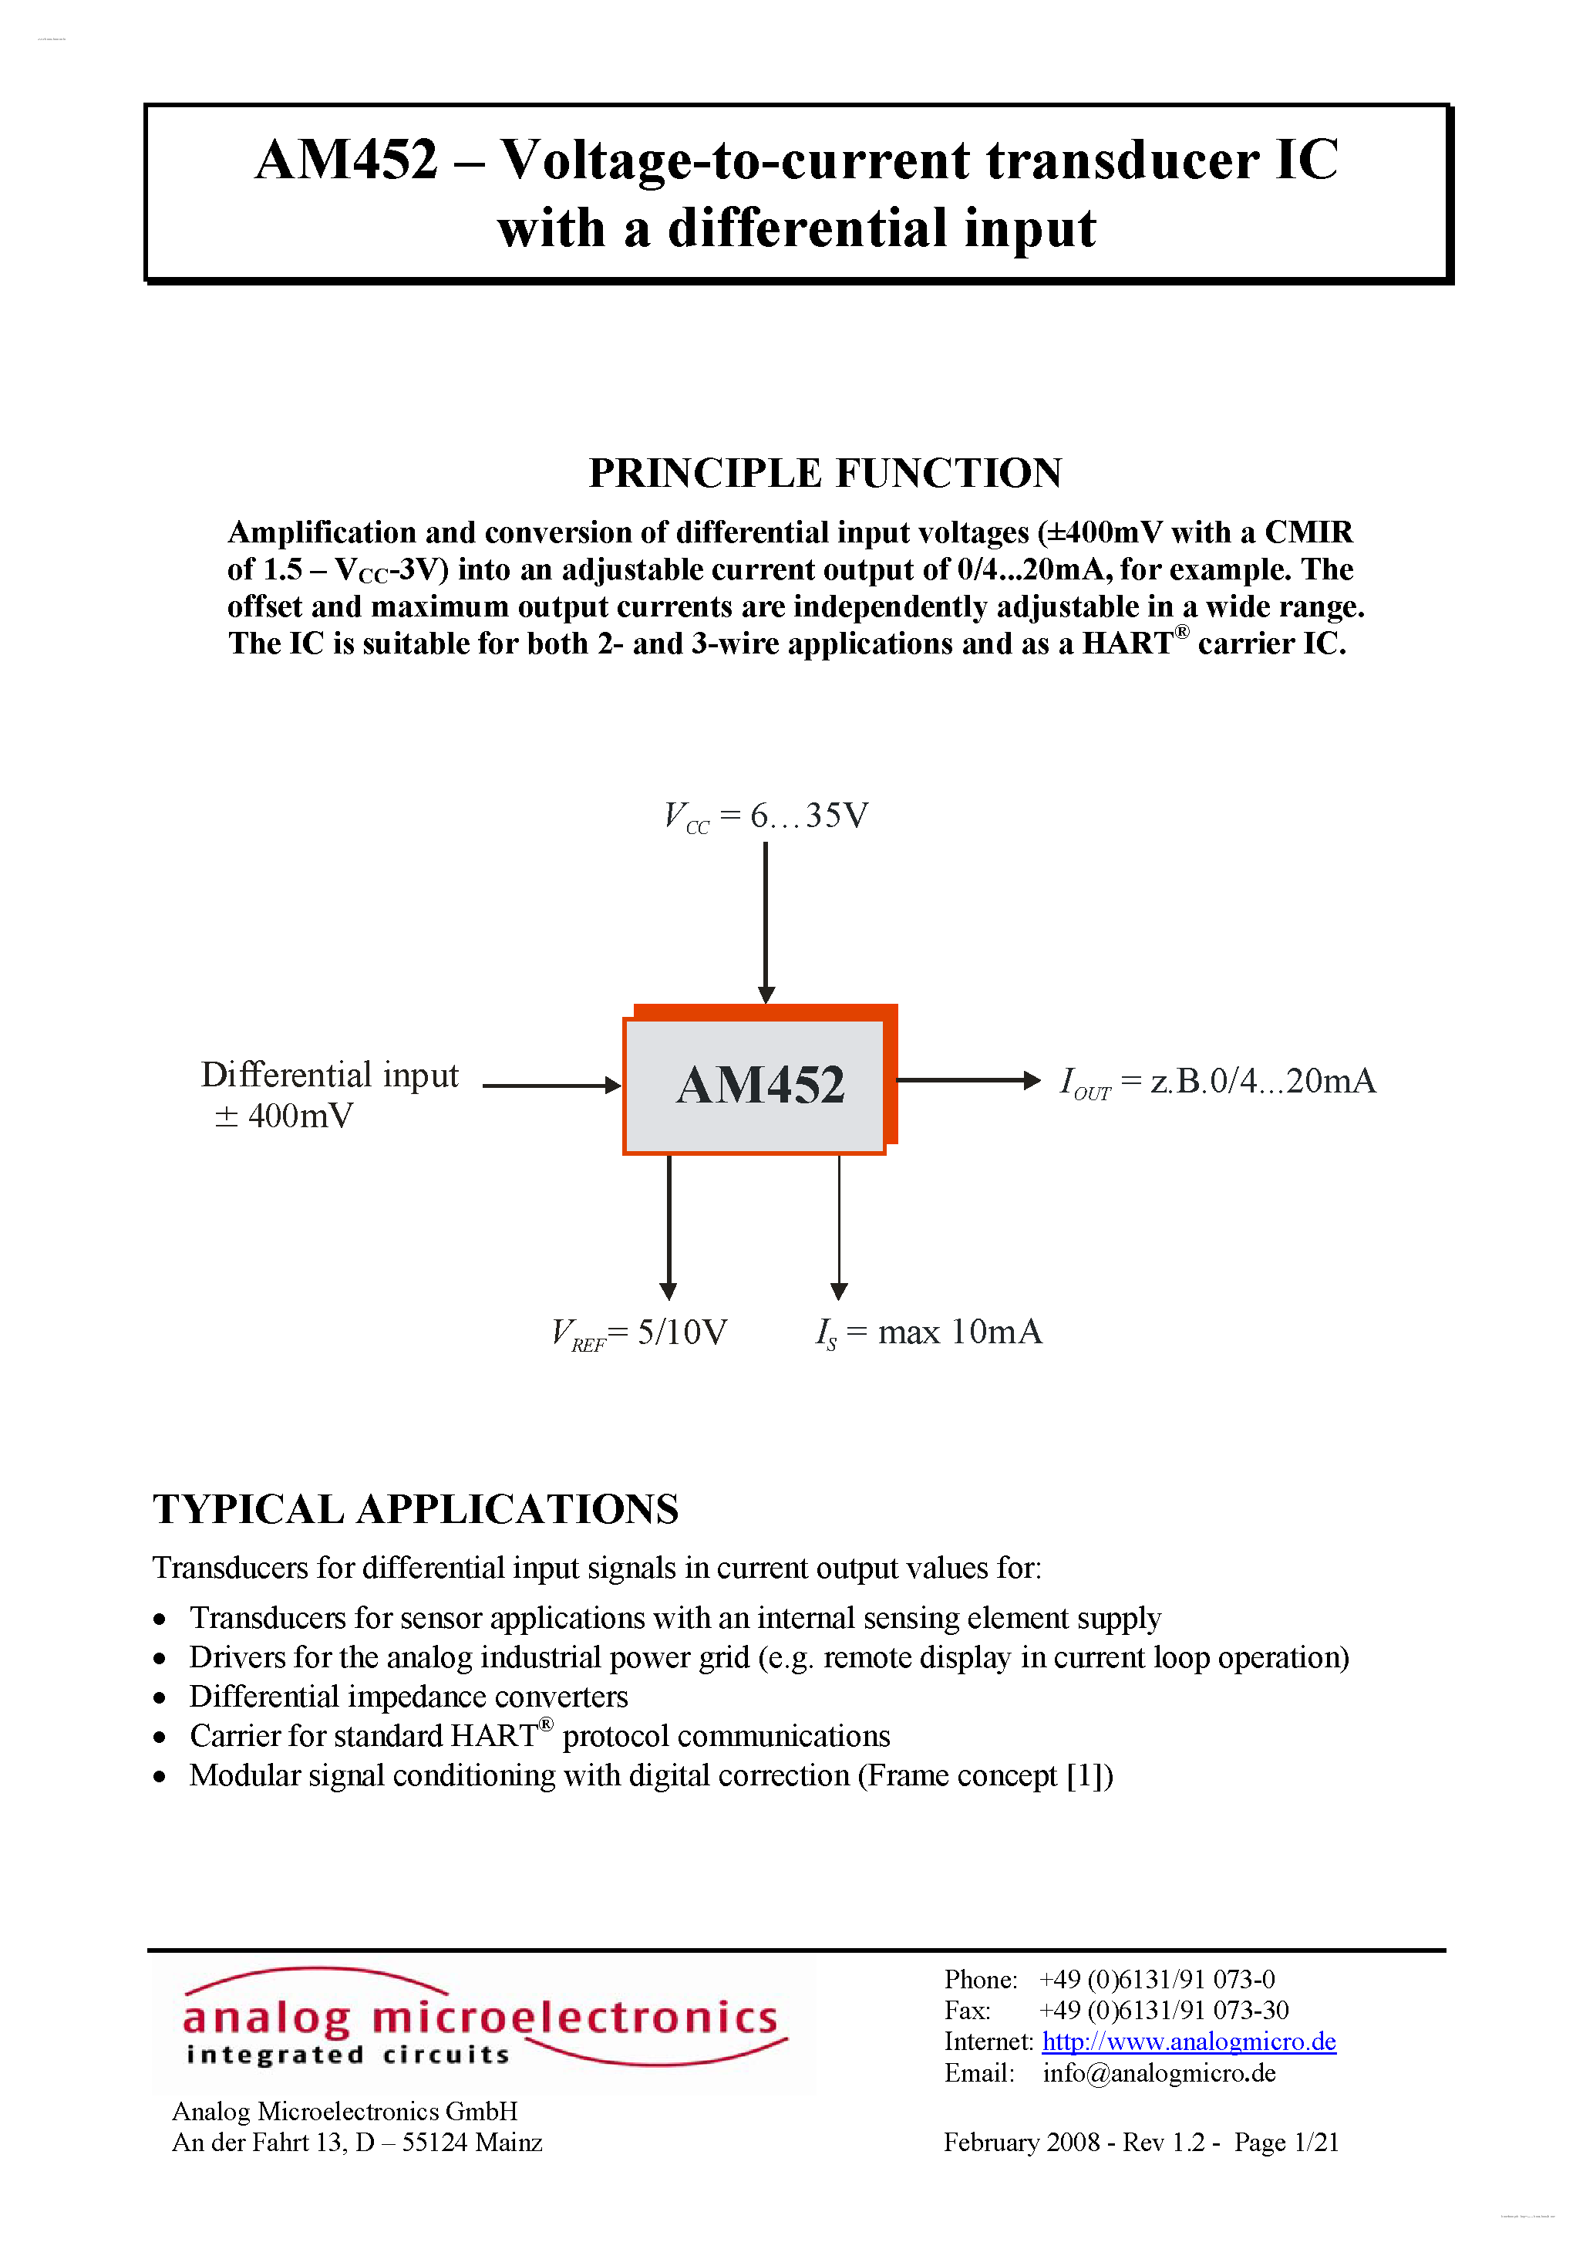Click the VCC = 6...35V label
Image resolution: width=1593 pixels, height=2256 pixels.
766,816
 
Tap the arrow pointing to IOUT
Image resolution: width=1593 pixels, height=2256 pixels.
968,1080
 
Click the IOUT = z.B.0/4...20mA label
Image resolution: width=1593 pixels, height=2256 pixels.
1217,1082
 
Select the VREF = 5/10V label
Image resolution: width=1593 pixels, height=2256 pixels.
639,1333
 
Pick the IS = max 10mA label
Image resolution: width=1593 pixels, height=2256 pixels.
928,1332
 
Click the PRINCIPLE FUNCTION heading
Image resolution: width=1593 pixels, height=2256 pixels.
825,473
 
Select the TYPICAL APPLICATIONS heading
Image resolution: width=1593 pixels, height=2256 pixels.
416,1509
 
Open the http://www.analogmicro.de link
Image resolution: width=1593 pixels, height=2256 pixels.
1188,2041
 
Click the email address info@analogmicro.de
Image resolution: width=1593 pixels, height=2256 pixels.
1159,2072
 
